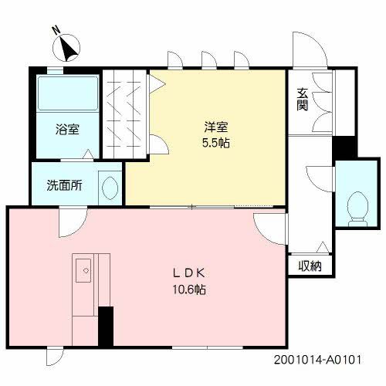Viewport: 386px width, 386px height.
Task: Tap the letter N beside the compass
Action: coord(56,30)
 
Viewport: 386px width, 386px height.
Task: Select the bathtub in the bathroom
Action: coord(66,94)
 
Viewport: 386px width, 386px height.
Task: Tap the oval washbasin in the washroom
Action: coord(110,187)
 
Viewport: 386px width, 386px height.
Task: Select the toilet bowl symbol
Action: coord(357,205)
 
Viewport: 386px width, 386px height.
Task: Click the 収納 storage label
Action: coord(310,266)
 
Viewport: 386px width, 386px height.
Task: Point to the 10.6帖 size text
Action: coord(189,290)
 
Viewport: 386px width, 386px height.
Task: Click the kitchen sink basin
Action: coord(83,269)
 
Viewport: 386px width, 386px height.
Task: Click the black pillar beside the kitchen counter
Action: coord(106,327)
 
